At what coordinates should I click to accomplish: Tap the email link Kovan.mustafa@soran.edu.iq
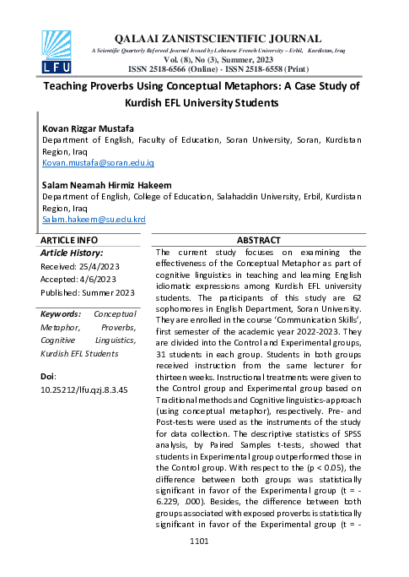[98, 161]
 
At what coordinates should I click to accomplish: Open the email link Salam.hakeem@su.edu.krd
[94, 219]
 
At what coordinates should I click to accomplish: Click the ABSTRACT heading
[257, 241]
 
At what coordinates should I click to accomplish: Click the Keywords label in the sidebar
[61, 314]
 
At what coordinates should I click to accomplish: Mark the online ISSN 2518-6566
[175, 68]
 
